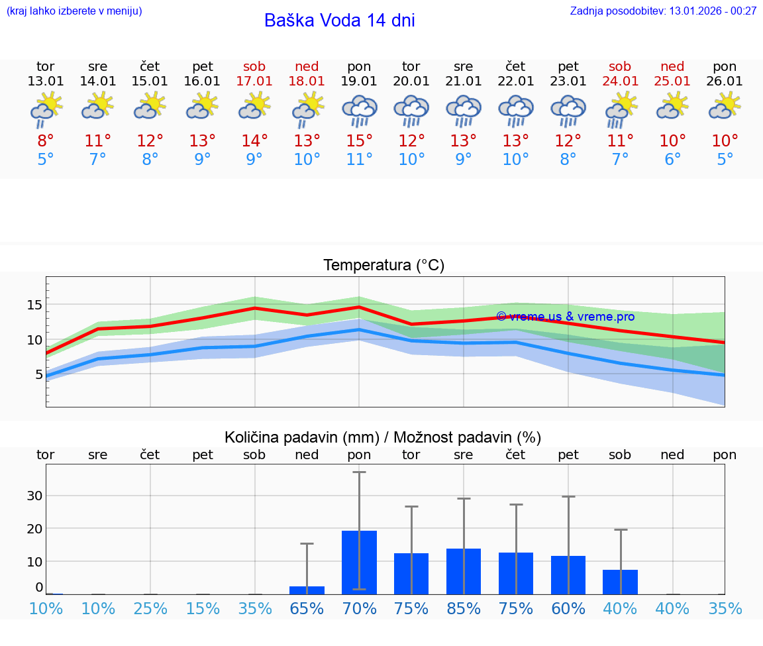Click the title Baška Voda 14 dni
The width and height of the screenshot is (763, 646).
click(339, 21)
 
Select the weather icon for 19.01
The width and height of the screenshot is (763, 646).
click(359, 109)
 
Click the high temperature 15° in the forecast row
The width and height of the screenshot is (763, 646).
click(359, 140)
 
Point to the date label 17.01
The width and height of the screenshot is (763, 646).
click(254, 81)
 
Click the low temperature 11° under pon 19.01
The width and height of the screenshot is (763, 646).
click(359, 160)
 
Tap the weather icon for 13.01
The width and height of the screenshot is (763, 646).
click(46, 109)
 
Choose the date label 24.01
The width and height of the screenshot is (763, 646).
click(620, 81)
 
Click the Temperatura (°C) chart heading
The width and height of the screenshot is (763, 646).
click(383, 265)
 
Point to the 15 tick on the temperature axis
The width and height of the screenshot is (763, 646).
click(34, 305)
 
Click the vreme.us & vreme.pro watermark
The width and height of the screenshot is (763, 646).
click(565, 317)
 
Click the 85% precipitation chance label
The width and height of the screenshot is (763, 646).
click(464, 608)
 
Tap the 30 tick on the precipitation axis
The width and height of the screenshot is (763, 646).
click(34, 496)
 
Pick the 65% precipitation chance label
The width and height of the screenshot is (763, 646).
click(307, 608)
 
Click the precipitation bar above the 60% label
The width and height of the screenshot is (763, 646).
click(568, 574)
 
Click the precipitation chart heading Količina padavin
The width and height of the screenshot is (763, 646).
click(383, 437)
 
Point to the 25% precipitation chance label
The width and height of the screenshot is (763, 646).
click(150, 608)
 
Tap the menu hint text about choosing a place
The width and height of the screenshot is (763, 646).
click(74, 11)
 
